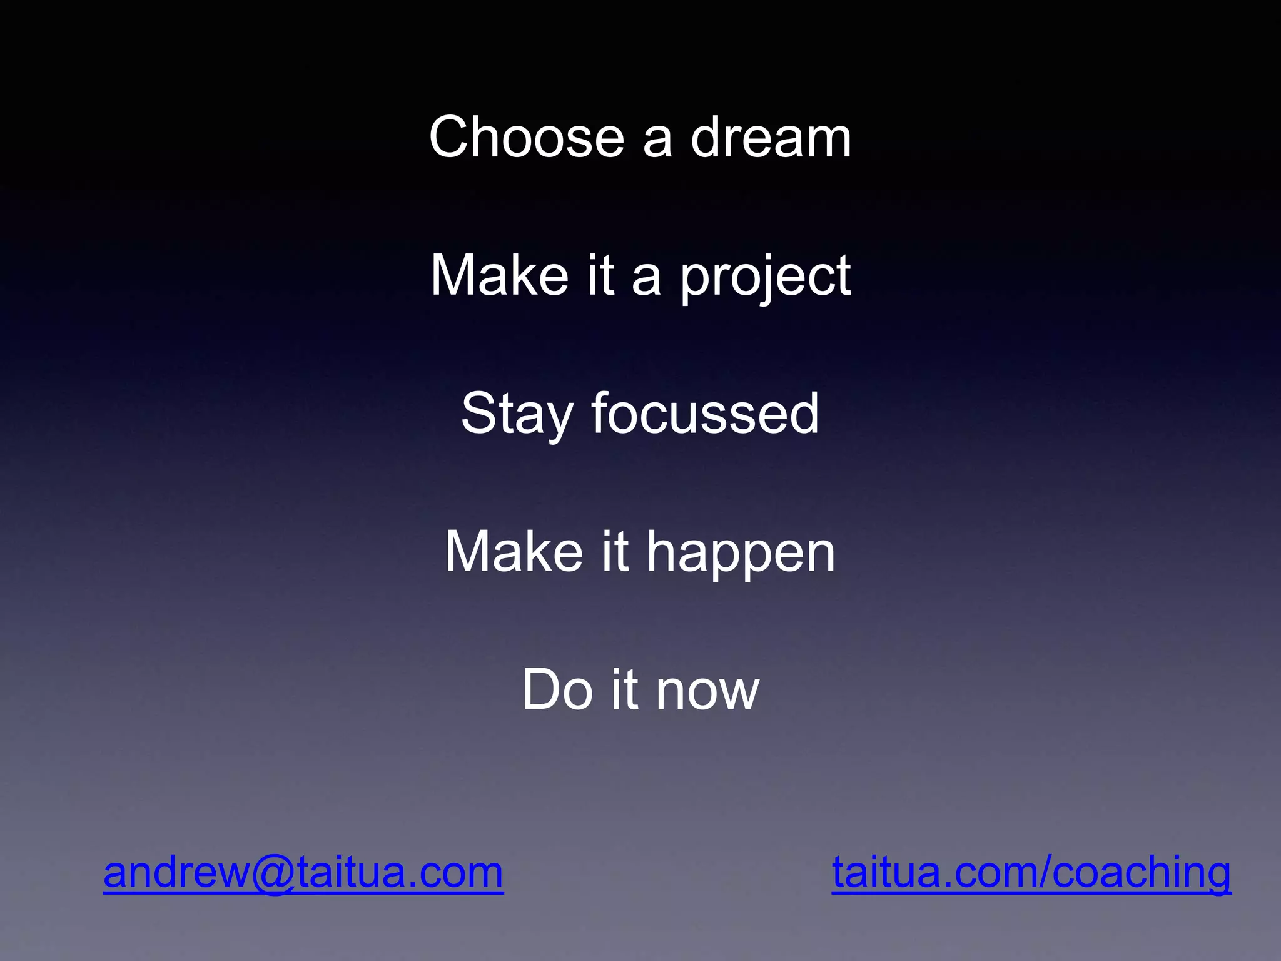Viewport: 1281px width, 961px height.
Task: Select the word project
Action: click(x=765, y=277)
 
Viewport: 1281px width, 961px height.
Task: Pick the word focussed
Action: click(x=705, y=413)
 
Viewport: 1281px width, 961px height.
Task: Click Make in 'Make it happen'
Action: click(x=514, y=552)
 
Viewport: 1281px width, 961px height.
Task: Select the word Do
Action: click(x=557, y=689)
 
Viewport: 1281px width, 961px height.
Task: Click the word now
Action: click(x=707, y=691)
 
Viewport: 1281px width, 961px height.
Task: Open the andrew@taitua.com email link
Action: click(x=303, y=872)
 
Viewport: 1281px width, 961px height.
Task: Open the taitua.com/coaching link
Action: click(x=1031, y=872)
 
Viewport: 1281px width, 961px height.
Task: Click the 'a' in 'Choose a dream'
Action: click(x=657, y=139)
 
